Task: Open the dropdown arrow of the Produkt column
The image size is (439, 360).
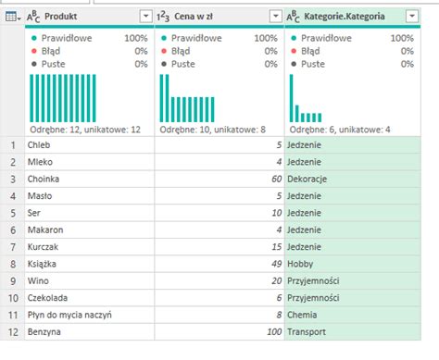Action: pyautogui.click(x=145, y=17)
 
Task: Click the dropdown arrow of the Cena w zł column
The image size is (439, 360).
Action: pyautogui.click(x=275, y=17)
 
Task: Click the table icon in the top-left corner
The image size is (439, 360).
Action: pyautogui.click(x=9, y=17)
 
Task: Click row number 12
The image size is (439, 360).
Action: pyautogui.click(x=11, y=331)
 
